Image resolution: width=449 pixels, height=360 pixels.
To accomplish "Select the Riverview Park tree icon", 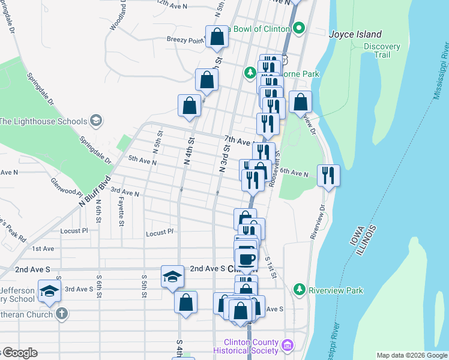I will (300, 290).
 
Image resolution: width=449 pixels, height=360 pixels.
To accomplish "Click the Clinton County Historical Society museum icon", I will (288, 346).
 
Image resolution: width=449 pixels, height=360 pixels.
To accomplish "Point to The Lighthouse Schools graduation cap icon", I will (95, 121).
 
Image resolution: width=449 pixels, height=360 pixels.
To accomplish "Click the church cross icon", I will (61, 313).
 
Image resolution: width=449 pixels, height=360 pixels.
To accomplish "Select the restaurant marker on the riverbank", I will (328, 175).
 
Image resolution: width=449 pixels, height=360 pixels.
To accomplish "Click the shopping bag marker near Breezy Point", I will (217, 36).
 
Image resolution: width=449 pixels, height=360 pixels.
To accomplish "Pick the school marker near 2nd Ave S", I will (172, 277).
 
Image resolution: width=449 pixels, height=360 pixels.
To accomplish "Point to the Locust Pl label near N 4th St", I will (159, 231).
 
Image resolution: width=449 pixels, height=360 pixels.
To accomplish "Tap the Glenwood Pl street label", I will (66, 187).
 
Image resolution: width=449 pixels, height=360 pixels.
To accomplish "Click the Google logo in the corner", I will (20, 353).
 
